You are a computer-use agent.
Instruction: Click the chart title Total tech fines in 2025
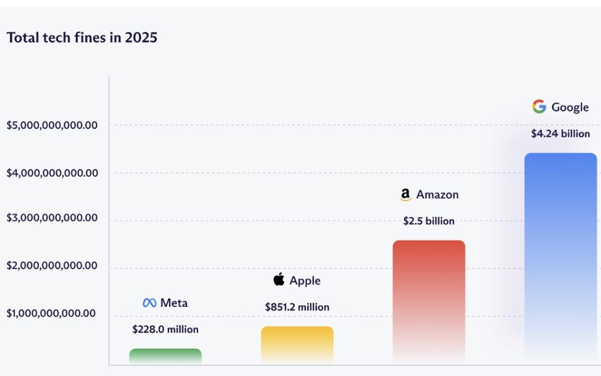(82, 38)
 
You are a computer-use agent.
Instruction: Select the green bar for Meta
(165, 356)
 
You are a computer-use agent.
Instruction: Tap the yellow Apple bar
(297, 344)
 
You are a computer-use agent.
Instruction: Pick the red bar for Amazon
(428, 301)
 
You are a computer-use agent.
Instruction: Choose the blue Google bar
(560, 256)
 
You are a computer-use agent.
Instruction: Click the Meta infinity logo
(149, 303)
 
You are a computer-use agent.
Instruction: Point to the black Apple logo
(279, 280)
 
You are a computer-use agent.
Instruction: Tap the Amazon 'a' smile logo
(406, 194)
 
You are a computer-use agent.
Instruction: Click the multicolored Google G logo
(539, 106)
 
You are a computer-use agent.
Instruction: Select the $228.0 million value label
(165, 329)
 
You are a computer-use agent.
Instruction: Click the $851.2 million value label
(297, 307)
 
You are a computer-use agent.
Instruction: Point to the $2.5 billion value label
(428, 221)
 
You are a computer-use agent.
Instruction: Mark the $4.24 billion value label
(560, 134)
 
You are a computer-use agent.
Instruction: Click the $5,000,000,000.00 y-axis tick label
(52, 125)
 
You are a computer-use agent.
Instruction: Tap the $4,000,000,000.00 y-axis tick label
(52, 173)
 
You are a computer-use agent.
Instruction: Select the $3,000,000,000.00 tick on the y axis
(52, 218)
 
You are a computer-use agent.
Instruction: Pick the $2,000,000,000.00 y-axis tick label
(52, 266)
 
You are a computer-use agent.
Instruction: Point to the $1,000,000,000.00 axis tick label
(52, 314)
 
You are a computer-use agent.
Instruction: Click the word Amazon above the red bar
(437, 194)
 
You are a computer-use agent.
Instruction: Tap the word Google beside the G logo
(570, 107)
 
